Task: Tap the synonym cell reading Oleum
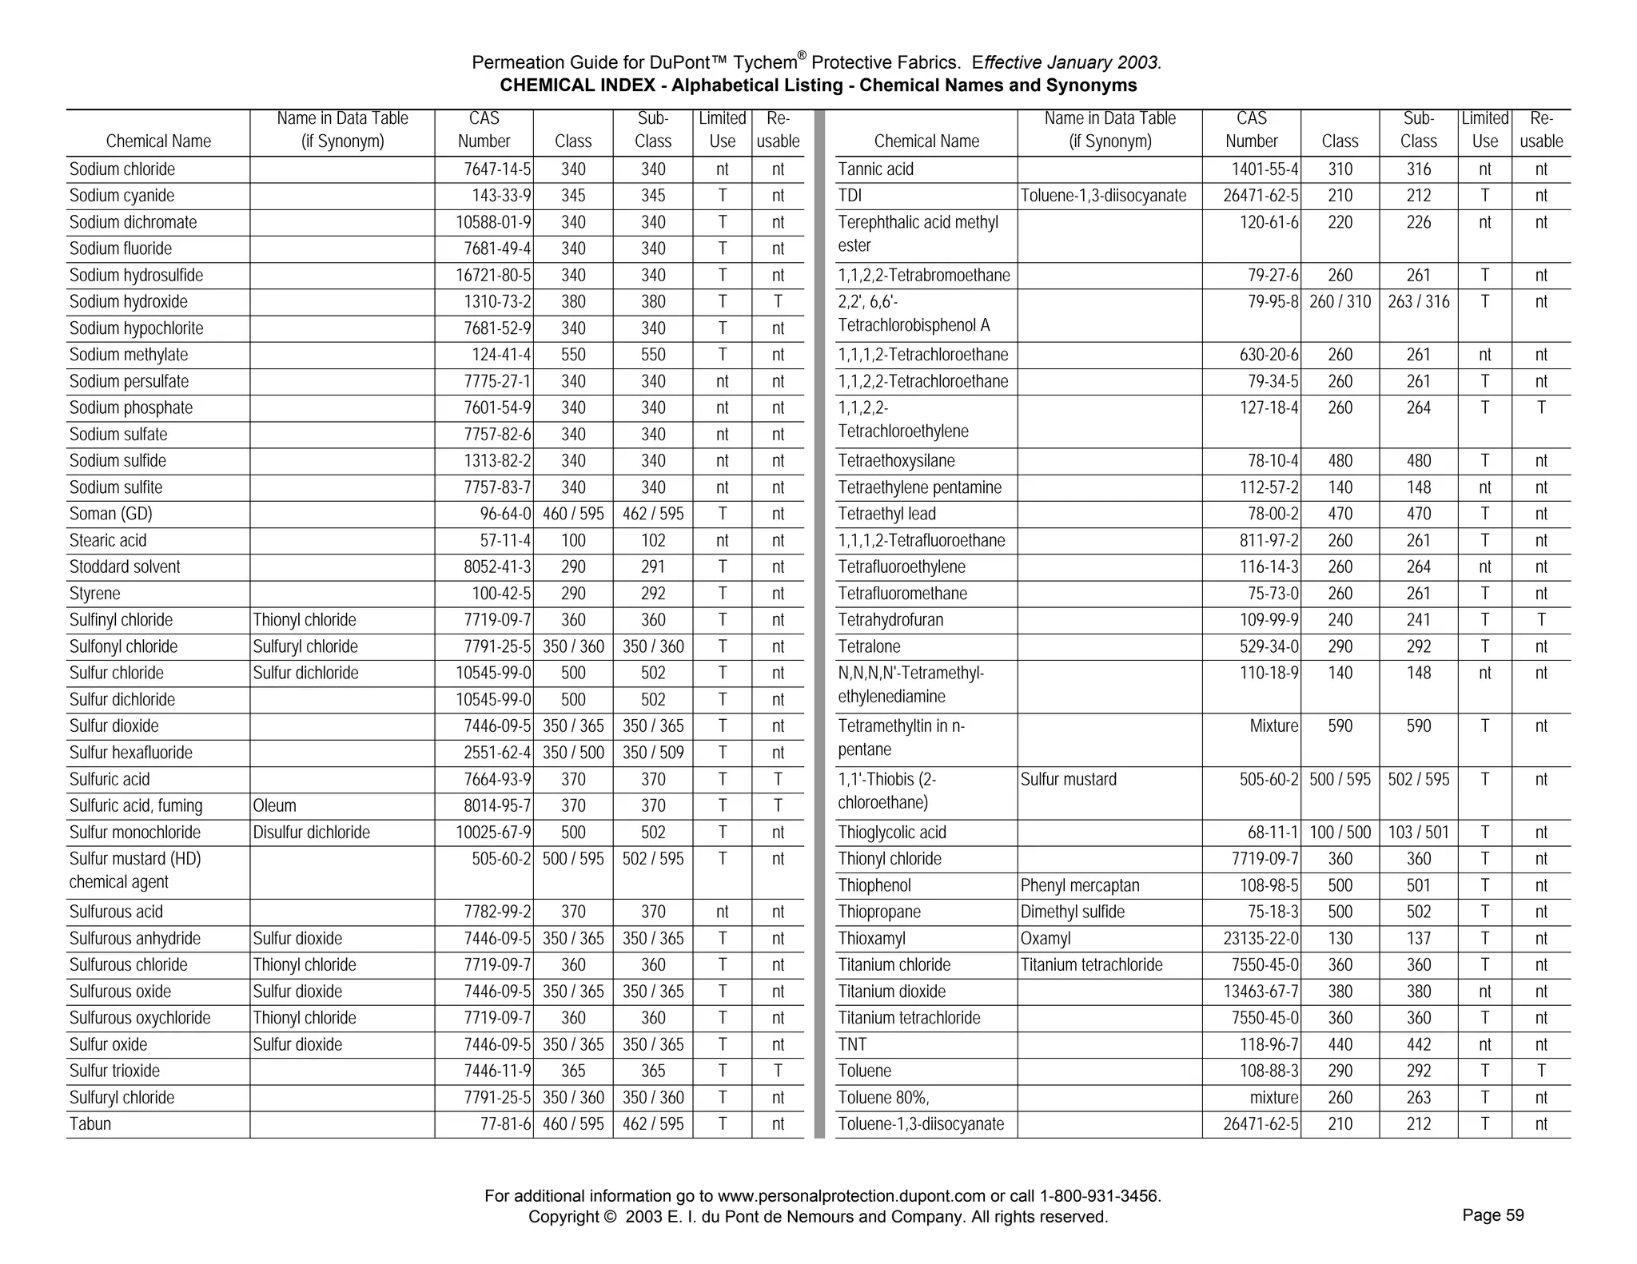click(x=274, y=805)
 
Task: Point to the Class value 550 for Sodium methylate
click(x=573, y=355)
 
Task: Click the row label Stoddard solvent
click(x=125, y=566)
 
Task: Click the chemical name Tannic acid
click(x=875, y=169)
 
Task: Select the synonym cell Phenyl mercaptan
click(x=1079, y=885)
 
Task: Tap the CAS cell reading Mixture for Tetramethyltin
click(x=1273, y=725)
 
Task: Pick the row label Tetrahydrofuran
click(x=890, y=620)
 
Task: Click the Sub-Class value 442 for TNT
click(x=1418, y=1044)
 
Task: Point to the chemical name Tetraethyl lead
click(x=886, y=514)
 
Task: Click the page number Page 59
click(x=1492, y=1215)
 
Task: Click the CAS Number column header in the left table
click(x=484, y=130)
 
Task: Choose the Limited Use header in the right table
click(x=1484, y=130)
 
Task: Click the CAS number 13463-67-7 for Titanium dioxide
click(x=1261, y=992)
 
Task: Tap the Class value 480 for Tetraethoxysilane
click(x=1340, y=461)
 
